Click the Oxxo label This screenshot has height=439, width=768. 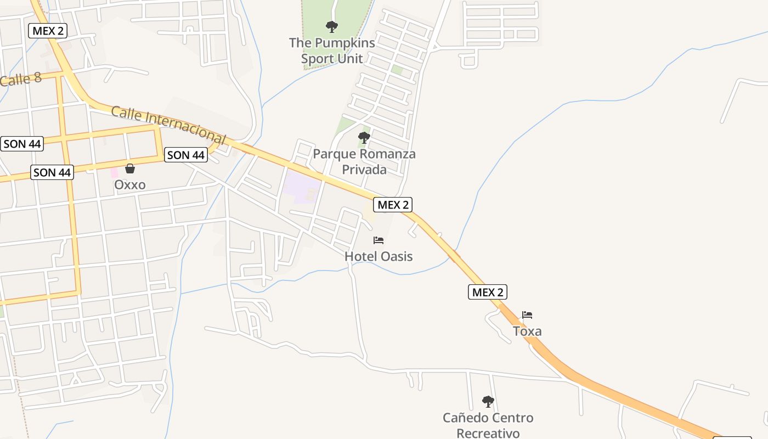[x=130, y=185]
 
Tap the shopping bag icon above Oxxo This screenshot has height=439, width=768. [x=130, y=168]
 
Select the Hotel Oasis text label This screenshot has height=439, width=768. [x=379, y=256]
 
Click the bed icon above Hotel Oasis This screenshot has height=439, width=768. [x=379, y=240]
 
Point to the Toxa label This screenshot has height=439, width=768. [x=527, y=331]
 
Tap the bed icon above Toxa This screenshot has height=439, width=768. [x=527, y=315]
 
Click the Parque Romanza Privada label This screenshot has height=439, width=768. [x=364, y=161]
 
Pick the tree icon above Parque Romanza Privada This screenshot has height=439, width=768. [x=364, y=137]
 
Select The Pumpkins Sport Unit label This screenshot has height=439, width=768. [x=332, y=50]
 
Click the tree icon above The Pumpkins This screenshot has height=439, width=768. [x=331, y=26]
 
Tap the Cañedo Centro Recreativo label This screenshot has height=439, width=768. [x=488, y=425]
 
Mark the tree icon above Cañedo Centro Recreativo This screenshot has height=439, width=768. [x=488, y=402]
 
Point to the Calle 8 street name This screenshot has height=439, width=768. [x=21, y=80]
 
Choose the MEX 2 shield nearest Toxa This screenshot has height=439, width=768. [x=488, y=292]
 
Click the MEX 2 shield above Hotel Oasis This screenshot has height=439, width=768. [x=393, y=205]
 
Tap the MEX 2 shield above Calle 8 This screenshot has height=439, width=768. [x=48, y=31]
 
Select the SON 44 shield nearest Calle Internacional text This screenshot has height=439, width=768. [x=186, y=155]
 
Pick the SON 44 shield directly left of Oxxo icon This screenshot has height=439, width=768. [x=52, y=172]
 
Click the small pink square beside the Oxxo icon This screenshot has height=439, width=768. [x=114, y=172]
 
